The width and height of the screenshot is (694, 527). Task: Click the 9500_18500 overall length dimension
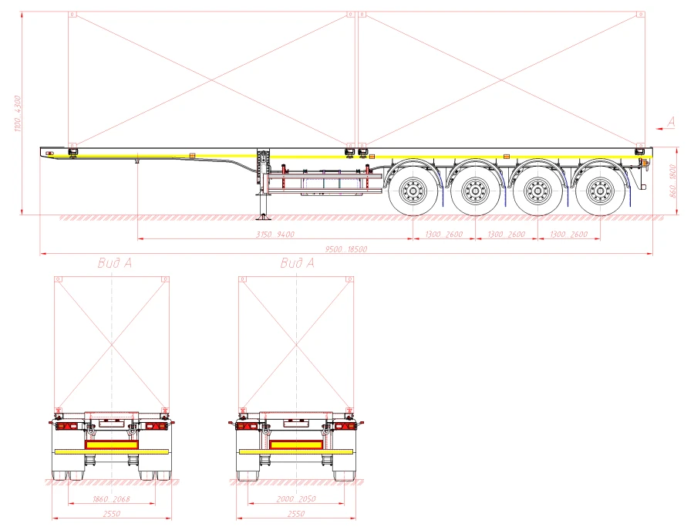(345, 249)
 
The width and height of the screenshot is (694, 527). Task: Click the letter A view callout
(671, 121)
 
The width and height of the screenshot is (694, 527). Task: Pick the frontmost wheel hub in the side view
(410, 188)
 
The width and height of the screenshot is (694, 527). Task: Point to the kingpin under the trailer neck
(136, 161)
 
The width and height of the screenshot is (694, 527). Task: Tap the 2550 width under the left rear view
(111, 514)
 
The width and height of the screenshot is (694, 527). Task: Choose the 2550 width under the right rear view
(295, 514)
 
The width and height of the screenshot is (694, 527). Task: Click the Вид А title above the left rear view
(115, 263)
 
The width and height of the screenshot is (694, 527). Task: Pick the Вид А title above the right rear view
(297, 263)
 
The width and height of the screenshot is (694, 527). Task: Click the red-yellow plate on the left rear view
(111, 445)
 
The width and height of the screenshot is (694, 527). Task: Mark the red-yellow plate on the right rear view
(296, 445)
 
